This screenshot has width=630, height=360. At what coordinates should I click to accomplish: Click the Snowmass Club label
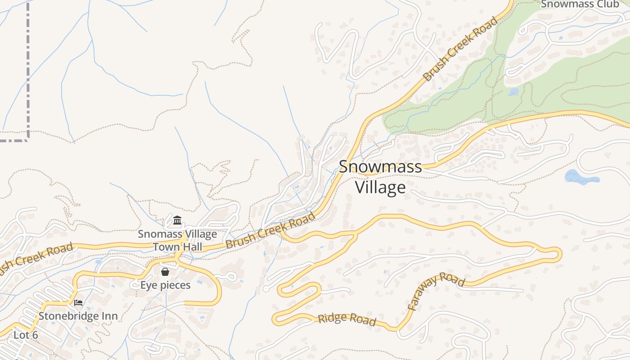[580, 4]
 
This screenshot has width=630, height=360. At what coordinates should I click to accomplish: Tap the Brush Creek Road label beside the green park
[461, 49]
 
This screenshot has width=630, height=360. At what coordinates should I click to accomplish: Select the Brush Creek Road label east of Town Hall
[270, 231]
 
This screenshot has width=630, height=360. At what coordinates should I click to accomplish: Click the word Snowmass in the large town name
[380, 166]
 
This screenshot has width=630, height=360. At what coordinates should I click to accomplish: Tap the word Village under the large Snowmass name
[380, 187]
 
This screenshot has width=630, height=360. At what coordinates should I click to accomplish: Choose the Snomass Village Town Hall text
[177, 240]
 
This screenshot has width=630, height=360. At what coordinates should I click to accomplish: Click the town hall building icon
[177, 220]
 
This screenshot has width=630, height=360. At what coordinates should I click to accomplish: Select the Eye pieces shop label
[165, 285]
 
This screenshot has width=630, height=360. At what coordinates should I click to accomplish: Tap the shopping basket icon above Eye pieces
[165, 272]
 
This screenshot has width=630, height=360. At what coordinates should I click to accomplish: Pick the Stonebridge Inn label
[78, 316]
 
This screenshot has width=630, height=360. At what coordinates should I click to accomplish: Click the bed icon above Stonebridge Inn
[78, 302]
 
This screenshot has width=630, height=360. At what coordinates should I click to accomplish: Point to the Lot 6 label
[26, 335]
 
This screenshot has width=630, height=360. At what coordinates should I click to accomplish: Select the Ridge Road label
[346, 319]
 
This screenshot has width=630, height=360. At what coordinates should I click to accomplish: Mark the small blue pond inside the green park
[513, 92]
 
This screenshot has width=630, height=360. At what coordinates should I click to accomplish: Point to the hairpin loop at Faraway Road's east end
[558, 254]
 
